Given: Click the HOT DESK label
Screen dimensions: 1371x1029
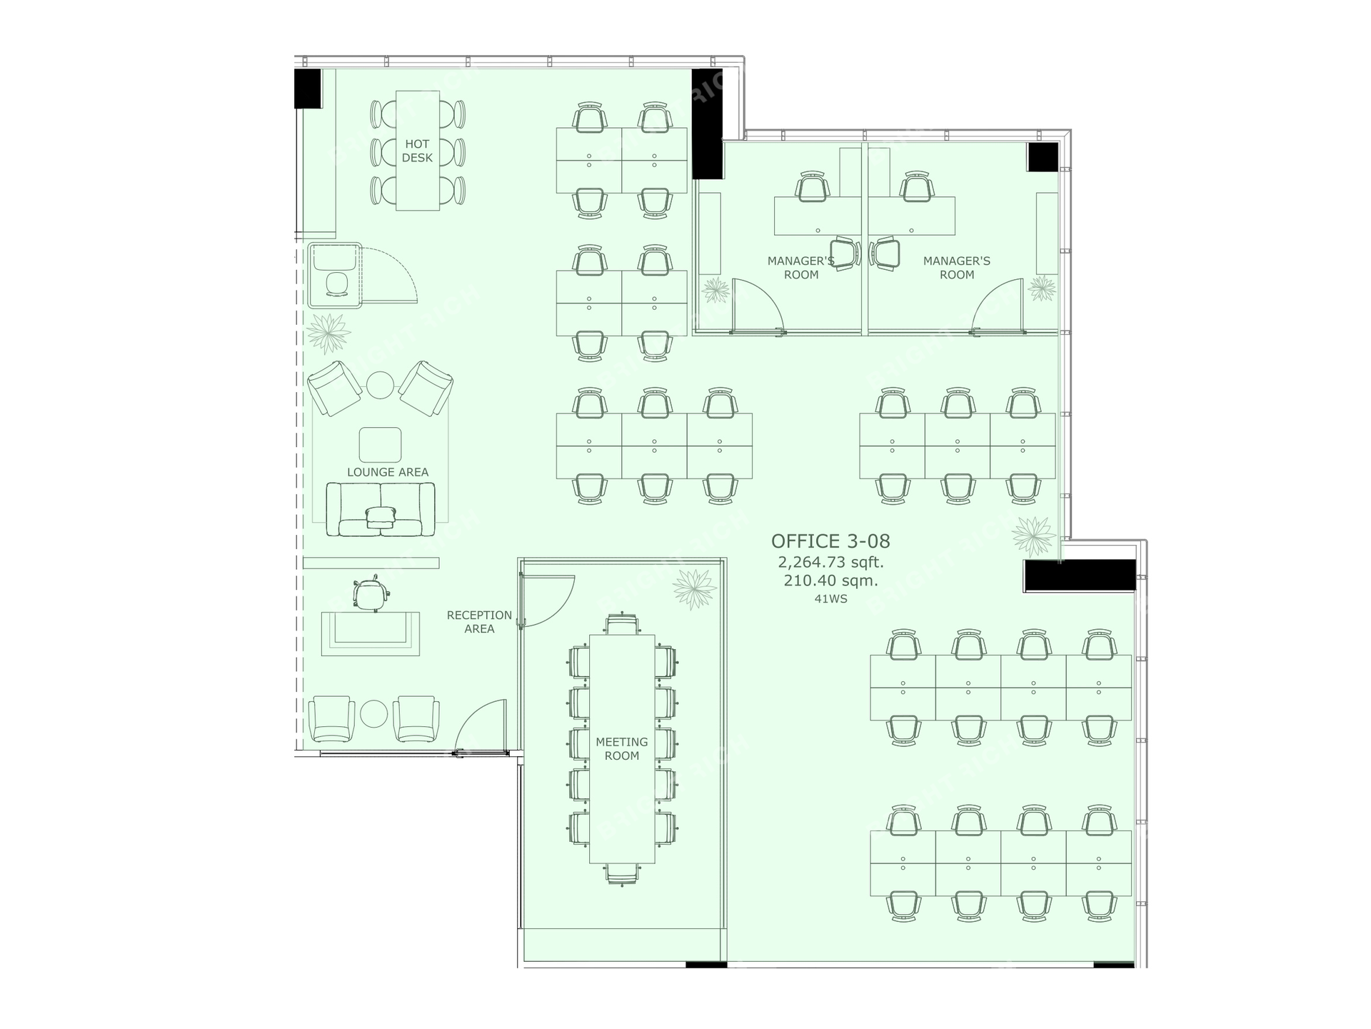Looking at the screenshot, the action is [x=417, y=151].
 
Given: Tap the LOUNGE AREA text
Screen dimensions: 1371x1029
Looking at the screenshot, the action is [x=388, y=472].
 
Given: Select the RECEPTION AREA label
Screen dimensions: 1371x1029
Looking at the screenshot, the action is [x=479, y=622].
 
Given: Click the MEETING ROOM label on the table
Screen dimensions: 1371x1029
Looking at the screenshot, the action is [x=622, y=748].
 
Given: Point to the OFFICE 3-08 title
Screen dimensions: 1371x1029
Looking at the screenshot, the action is [x=830, y=541].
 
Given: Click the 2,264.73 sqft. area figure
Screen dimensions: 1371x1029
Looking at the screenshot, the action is [x=831, y=562].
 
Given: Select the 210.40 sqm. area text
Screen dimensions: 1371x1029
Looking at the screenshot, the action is [x=831, y=581].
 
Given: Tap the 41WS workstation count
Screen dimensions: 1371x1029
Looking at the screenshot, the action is [x=831, y=599].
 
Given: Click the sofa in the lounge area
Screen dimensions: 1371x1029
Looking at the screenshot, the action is [x=381, y=509].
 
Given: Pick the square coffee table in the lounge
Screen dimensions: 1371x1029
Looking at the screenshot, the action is [x=380, y=445].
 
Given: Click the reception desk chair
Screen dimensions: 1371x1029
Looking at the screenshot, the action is [x=370, y=593].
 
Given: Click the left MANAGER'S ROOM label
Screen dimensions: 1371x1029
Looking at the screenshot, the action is [x=801, y=268].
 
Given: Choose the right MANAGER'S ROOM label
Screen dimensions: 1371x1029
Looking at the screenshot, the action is [x=957, y=268].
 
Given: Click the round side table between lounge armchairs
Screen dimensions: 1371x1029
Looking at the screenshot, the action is [x=380, y=384].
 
